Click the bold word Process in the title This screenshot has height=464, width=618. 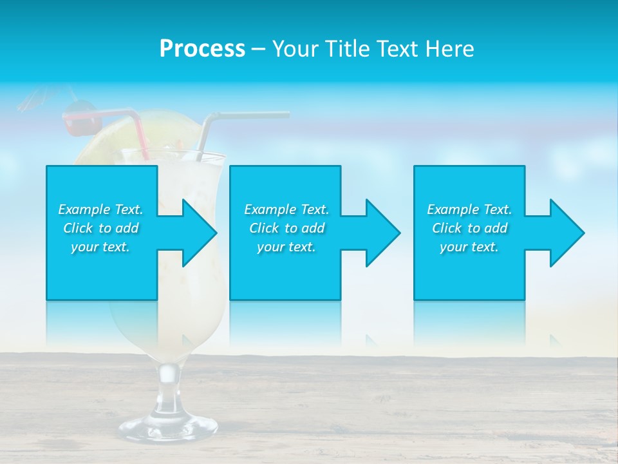coord(202,48)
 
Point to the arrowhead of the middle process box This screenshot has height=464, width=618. coord(379,233)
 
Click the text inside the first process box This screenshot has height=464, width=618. coord(100,228)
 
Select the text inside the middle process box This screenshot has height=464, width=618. coord(286,228)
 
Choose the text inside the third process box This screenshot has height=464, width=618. coord(469,228)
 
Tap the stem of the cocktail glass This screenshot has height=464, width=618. coord(169,380)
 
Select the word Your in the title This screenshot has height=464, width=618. coord(295,48)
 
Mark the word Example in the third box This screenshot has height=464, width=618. coord(453,209)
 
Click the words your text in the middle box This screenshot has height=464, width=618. coord(286,247)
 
